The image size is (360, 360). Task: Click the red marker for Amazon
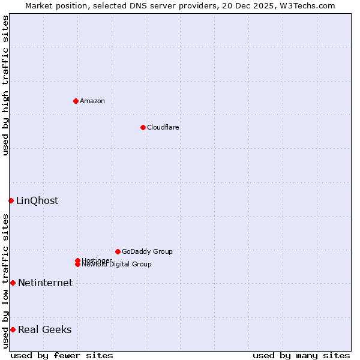coord(76,101)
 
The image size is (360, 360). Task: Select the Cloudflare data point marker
coord(143,127)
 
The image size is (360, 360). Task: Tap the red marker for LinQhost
coord(11,200)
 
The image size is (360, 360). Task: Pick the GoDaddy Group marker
coord(118,251)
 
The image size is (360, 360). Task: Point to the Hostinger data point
coord(77,260)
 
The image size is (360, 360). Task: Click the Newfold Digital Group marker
coord(77,265)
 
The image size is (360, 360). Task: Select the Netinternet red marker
coord(13,283)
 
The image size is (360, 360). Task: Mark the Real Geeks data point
coord(13,329)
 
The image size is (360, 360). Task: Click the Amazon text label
coord(92,101)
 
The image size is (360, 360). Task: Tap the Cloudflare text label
coord(163,127)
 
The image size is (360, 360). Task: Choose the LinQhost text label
coord(37,200)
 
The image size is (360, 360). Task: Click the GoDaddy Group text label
coord(147,251)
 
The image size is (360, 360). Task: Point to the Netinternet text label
coord(45,283)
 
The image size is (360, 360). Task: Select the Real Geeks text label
coord(44,329)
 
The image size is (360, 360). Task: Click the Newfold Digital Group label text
coord(116,265)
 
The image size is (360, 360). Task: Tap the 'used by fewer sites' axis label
coord(62,355)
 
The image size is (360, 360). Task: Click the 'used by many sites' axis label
coord(301,355)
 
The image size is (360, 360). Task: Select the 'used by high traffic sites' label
coord(5,85)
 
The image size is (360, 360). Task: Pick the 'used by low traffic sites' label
coord(5,281)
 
